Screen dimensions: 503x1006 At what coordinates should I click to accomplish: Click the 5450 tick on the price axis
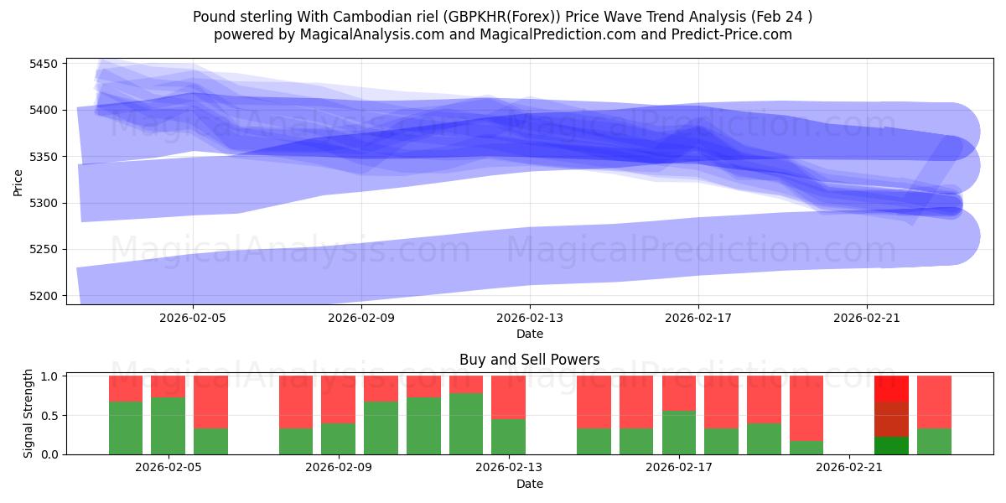tap(43, 64)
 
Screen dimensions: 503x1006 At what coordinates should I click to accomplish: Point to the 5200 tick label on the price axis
tap(43, 296)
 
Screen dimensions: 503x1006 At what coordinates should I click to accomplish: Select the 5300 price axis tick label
tap(43, 203)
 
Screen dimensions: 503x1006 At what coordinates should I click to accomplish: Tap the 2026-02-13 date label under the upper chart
tap(530, 319)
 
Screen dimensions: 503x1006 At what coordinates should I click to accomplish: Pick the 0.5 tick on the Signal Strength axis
tap(49, 415)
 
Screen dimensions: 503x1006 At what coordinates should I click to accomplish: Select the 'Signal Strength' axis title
tap(28, 414)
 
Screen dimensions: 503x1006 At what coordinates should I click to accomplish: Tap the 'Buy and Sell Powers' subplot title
tap(529, 360)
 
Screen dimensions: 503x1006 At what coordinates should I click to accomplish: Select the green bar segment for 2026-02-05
tap(169, 426)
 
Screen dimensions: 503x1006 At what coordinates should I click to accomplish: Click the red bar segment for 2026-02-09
tap(339, 399)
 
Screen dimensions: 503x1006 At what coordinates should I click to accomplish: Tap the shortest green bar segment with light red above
tap(806, 448)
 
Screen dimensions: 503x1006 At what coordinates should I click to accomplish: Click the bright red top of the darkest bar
tap(891, 388)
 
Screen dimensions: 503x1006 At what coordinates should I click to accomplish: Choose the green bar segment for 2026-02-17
tap(678, 433)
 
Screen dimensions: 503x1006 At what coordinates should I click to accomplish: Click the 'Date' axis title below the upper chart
tap(529, 334)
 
